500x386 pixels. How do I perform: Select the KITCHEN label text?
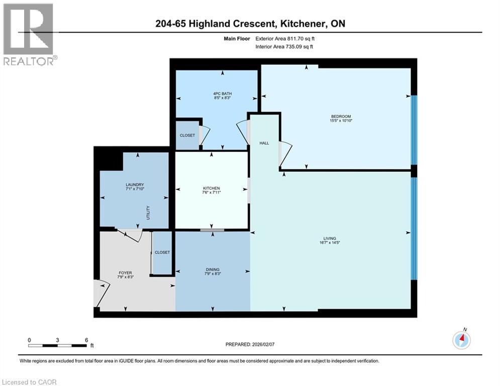tap(212, 188)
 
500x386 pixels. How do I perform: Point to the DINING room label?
tap(212, 270)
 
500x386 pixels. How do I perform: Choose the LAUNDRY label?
tap(135, 184)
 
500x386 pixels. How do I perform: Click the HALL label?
tap(264, 143)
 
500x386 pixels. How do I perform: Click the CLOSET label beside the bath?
tap(187, 136)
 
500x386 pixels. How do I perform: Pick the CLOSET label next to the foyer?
tap(162, 252)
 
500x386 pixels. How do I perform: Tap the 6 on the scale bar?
tap(86, 340)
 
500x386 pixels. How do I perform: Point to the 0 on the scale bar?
tap(29, 340)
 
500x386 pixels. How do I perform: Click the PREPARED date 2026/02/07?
tap(268, 344)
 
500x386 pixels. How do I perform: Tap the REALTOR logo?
tap(29, 34)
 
